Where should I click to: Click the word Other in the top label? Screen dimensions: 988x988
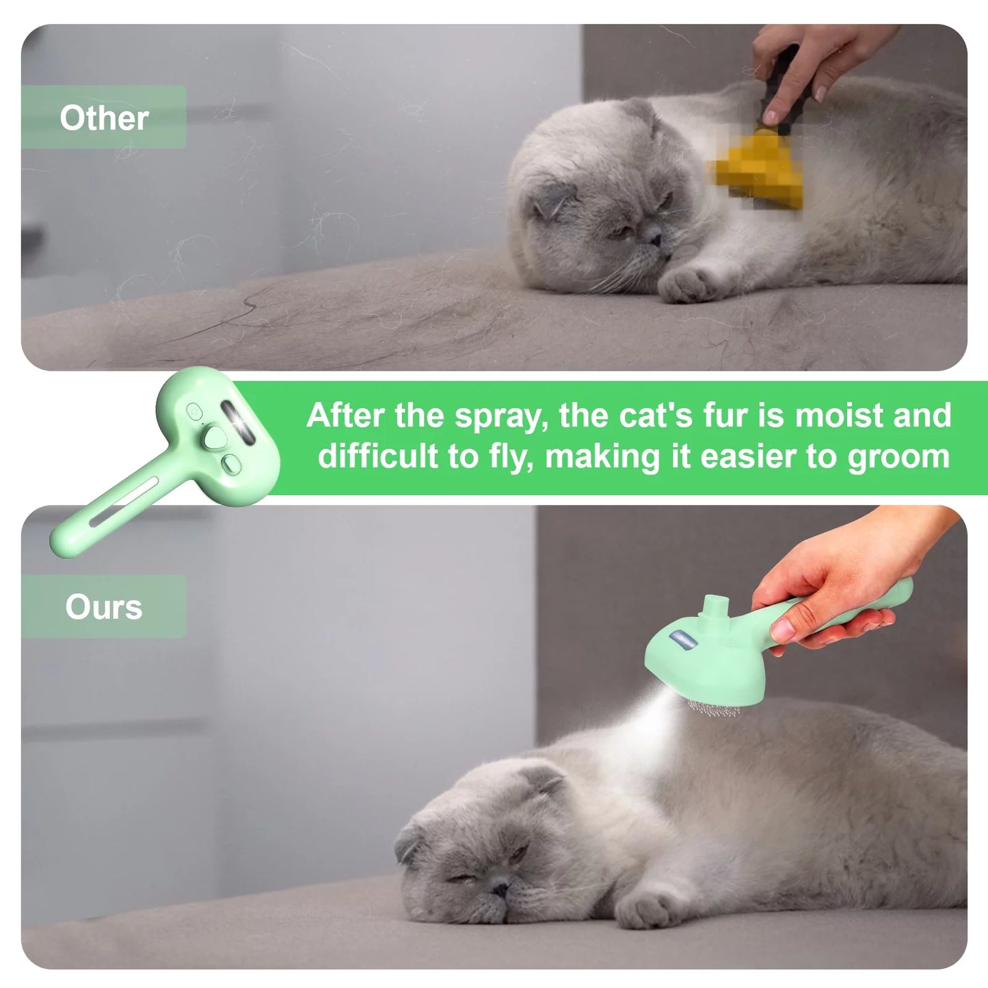(104, 118)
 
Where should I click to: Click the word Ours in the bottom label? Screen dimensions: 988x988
(103, 607)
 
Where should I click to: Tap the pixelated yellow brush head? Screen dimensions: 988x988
(760, 169)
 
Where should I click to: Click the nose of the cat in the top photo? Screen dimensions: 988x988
(652, 235)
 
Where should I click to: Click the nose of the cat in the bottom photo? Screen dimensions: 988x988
(498, 885)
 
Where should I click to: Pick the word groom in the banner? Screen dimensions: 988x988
(898, 457)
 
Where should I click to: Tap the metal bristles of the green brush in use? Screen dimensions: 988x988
(715, 708)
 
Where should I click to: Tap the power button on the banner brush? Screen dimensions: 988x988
(194, 411)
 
